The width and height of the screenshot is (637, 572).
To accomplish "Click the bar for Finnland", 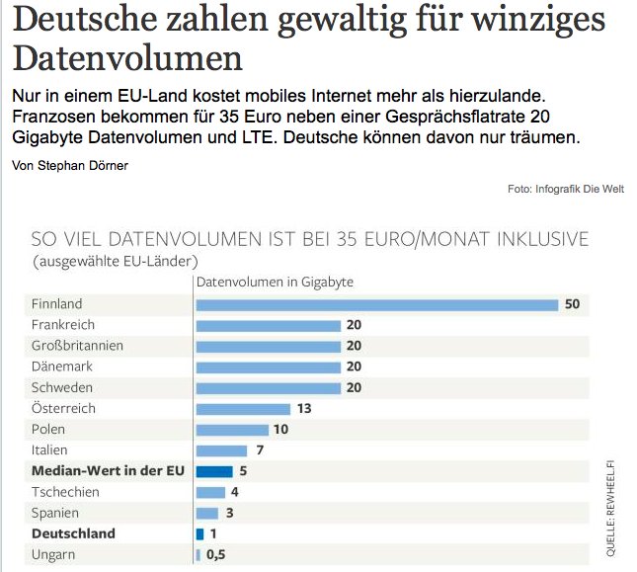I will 377,304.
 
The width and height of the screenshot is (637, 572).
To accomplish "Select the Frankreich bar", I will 268,325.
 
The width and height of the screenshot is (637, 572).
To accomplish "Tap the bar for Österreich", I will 243,408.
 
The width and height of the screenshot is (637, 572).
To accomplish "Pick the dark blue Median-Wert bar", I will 214,471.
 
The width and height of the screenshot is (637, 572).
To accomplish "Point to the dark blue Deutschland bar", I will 200,533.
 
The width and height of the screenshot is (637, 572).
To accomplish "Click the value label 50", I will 572,304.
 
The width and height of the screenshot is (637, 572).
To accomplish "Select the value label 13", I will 303,408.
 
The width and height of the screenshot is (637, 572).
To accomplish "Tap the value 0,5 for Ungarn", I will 215,554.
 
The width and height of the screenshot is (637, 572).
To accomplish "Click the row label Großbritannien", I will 77,346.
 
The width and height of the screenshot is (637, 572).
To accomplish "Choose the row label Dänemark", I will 63,367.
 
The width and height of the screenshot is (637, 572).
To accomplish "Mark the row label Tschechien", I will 65,492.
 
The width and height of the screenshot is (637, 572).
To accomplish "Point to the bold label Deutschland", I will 73,533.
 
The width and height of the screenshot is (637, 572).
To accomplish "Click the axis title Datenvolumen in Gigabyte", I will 276,283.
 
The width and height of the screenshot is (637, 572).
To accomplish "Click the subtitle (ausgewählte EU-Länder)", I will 116,262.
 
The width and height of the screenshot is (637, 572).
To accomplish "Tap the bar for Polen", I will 232,430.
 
